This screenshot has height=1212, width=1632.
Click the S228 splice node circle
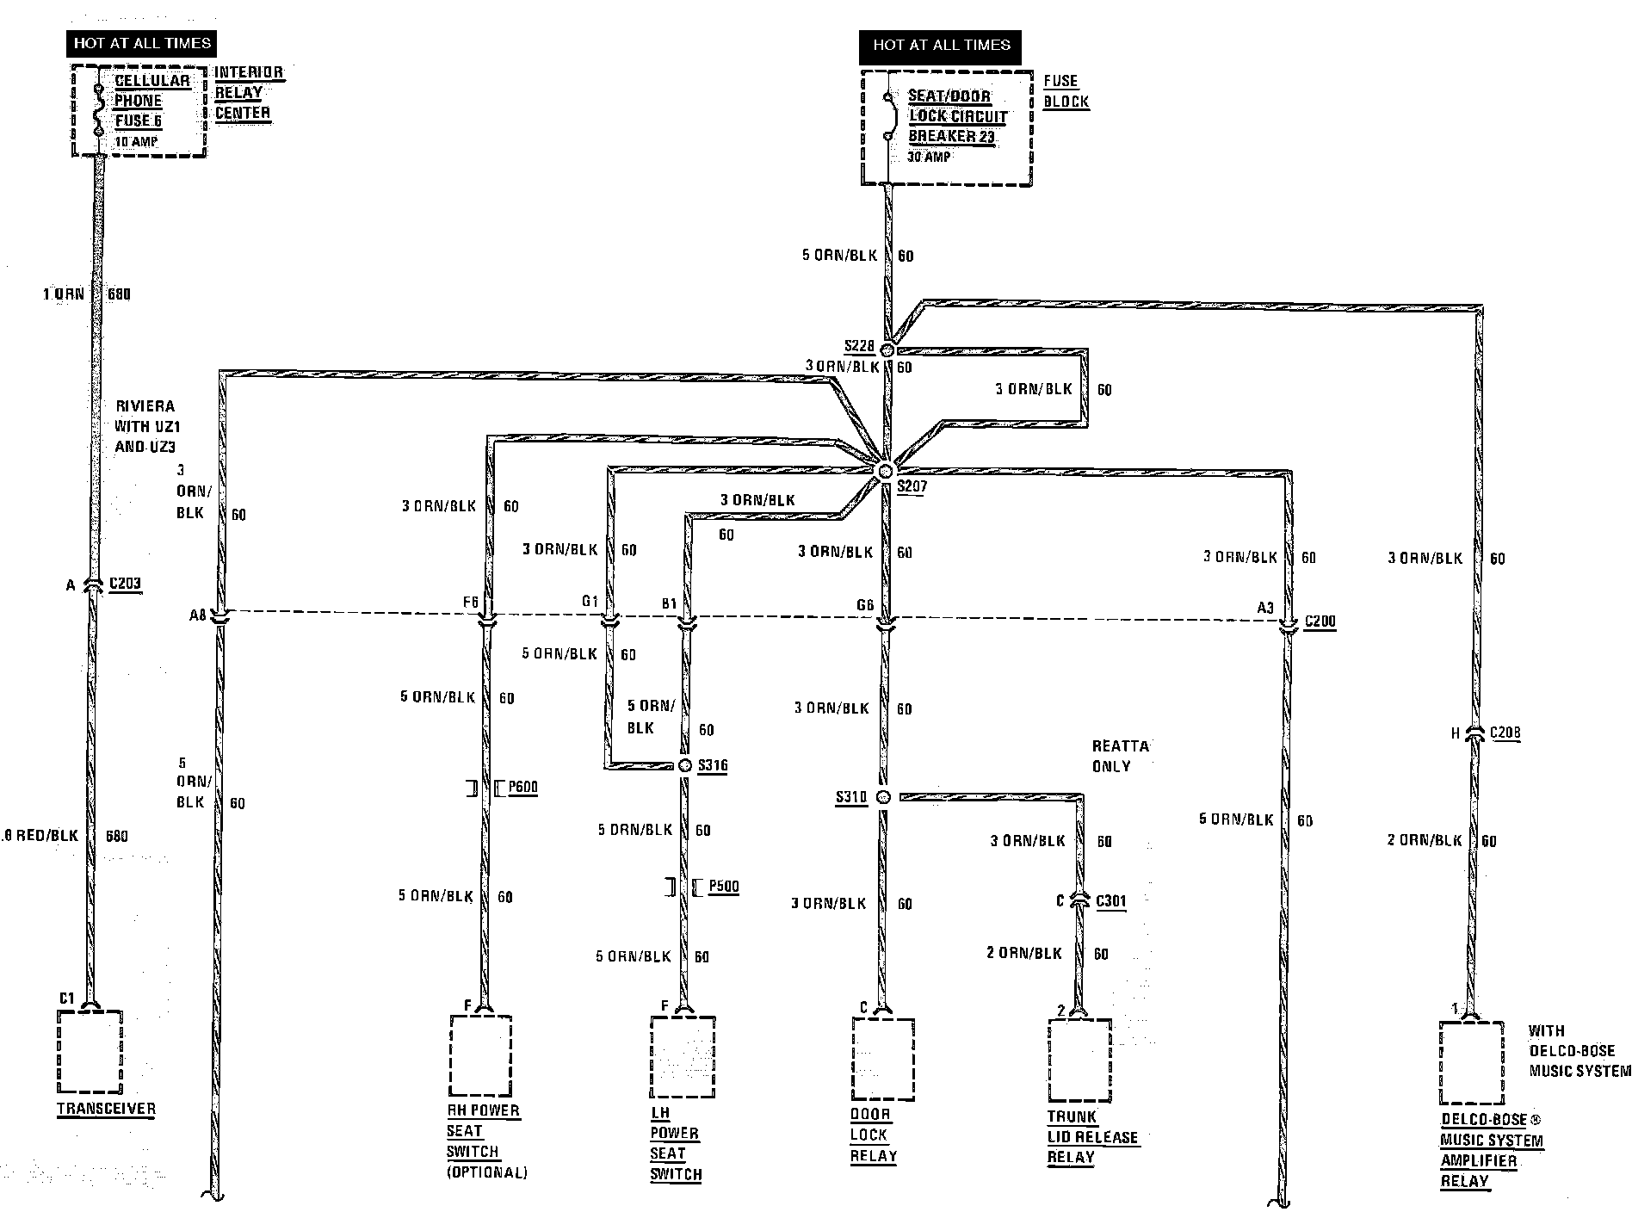point(887,349)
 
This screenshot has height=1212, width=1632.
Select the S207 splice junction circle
point(886,471)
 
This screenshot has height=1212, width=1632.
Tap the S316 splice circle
point(685,765)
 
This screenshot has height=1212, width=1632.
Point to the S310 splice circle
point(882,797)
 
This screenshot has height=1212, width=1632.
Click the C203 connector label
point(125,584)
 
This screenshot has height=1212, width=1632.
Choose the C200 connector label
point(1320,621)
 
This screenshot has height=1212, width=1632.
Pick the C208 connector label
point(1505,733)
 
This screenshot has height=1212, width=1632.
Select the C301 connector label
point(1110,901)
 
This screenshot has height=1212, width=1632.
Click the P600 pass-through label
point(522,787)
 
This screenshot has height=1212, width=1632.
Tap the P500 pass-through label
point(723,887)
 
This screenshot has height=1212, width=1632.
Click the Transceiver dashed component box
point(89,1051)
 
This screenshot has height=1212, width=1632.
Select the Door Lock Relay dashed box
point(882,1058)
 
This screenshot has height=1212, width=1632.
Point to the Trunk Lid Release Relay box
point(1079,1060)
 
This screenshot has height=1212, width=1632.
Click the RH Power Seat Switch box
point(480,1055)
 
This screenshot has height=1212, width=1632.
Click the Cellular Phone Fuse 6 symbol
point(98,108)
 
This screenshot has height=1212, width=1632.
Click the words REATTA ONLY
point(1120,756)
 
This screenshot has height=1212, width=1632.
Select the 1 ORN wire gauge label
point(64,294)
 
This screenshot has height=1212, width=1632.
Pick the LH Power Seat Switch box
point(683,1057)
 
